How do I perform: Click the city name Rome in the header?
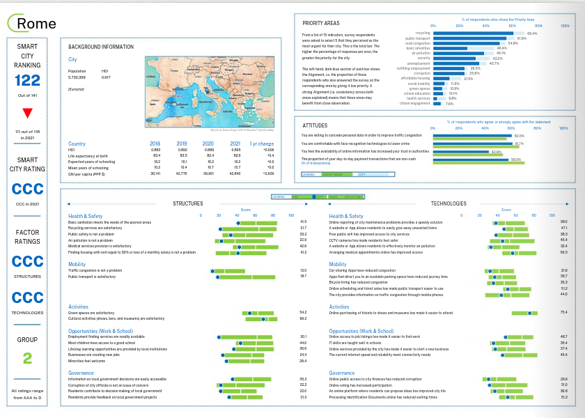pyautogui.click(x=36, y=24)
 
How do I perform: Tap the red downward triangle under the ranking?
pyautogui.click(x=28, y=113)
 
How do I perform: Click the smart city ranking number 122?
pyautogui.click(x=28, y=81)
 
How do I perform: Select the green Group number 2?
pyautogui.click(x=28, y=358)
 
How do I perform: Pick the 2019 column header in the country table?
pyautogui.click(x=183, y=144)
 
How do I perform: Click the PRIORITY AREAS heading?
pyautogui.click(x=321, y=23)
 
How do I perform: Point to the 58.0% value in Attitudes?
pyautogui.click(x=516, y=160)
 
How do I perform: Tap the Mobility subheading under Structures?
pyautogui.click(x=77, y=265)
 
